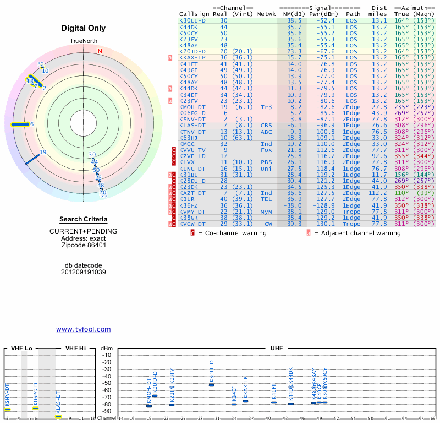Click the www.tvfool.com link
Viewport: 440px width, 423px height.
coord(83,329)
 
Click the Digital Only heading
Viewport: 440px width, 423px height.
coord(83,28)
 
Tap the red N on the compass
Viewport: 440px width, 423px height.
coord(100,52)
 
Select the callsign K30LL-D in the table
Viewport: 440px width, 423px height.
coord(193,20)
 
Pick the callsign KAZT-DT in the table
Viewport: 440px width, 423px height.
coord(193,193)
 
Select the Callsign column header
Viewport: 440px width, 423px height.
coord(194,14)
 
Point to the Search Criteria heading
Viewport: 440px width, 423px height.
coord(83,219)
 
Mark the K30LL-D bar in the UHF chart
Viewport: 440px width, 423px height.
coord(211,384)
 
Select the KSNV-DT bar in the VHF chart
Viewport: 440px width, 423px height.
coord(8,409)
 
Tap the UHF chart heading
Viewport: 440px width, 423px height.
coord(277,348)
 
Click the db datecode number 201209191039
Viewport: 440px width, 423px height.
coord(83,272)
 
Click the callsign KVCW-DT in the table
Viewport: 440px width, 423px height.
coord(193,224)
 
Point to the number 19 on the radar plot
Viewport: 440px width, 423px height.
coord(43,153)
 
